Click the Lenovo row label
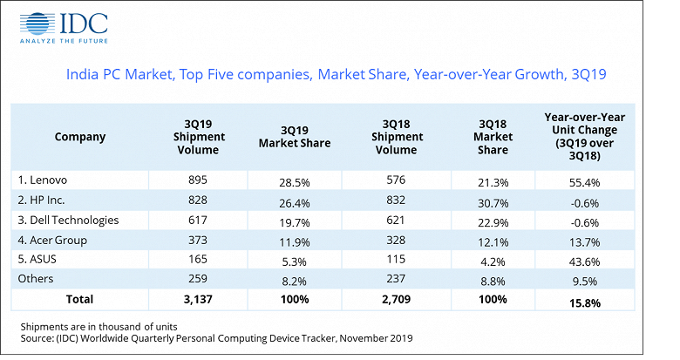pyautogui.click(x=43, y=180)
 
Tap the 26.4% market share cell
pyautogui.click(x=294, y=200)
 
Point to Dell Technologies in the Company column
pyautogui.click(x=68, y=220)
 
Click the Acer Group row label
pyautogui.click(x=52, y=240)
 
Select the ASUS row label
pyautogui.click(x=38, y=259)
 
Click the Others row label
pyautogui.click(x=36, y=279)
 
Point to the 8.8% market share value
pyautogui.click(x=493, y=279)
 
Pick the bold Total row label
pyautogui.click(x=79, y=299)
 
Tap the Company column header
pyautogui.click(x=79, y=137)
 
